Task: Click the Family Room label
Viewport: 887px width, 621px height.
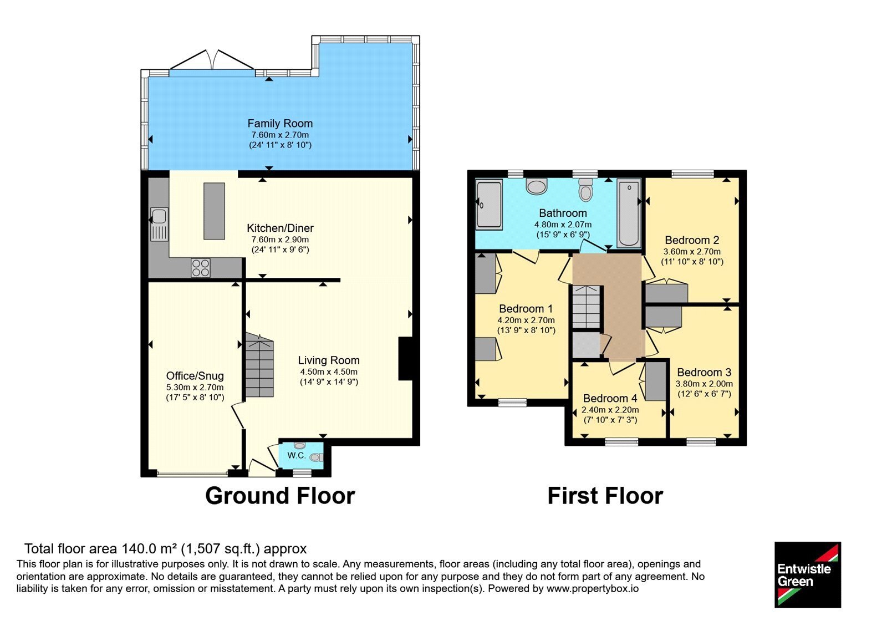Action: [x=280, y=124]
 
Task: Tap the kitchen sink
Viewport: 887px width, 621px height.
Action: [x=159, y=225]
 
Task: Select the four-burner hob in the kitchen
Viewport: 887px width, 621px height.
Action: [x=200, y=267]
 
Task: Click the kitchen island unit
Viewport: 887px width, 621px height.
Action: [x=214, y=211]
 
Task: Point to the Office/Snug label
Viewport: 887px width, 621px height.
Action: [x=195, y=376]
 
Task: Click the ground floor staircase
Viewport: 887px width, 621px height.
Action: [x=260, y=365]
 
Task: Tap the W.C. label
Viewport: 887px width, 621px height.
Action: [x=297, y=455]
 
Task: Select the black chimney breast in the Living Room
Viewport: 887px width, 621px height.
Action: [x=405, y=358]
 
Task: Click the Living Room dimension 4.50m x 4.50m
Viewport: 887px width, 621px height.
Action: [x=329, y=372]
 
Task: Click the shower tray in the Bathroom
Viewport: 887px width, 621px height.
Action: [x=489, y=205]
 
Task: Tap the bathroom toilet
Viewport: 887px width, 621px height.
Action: [x=585, y=190]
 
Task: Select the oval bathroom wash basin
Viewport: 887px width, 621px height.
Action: [x=537, y=185]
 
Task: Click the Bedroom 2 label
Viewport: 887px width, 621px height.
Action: [x=692, y=240]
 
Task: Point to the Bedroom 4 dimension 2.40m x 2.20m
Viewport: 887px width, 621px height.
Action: [x=610, y=410]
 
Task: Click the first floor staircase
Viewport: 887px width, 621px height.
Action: [x=587, y=307]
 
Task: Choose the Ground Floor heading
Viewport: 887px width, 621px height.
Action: [x=280, y=496]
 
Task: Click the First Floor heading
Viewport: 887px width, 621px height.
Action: [x=605, y=496]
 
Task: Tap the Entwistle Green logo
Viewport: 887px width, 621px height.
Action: [x=808, y=574]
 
